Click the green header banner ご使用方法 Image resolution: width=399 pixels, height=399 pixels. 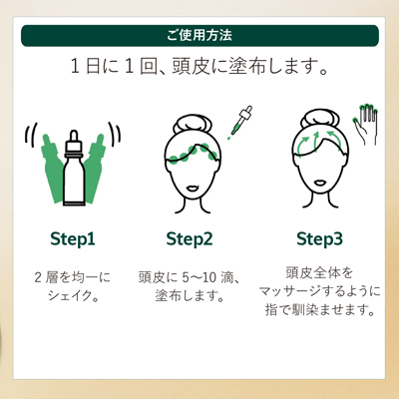pyautogui.click(x=199, y=36)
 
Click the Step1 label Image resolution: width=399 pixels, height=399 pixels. pyautogui.click(x=72, y=238)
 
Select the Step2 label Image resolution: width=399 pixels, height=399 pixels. pyautogui.click(x=189, y=238)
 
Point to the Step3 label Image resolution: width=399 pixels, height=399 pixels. pyautogui.click(x=319, y=238)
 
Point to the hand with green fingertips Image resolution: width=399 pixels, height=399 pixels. pyautogui.click(x=367, y=122)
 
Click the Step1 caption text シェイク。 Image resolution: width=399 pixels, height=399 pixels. pyautogui.click(x=72, y=295)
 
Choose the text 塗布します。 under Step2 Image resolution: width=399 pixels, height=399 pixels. pyautogui.click(x=189, y=295)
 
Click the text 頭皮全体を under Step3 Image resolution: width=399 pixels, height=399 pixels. pyautogui.click(x=319, y=271)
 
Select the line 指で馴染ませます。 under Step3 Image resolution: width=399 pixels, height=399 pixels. pyautogui.click(x=319, y=309)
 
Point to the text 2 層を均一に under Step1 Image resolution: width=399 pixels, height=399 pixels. pyautogui.click(x=72, y=275)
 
